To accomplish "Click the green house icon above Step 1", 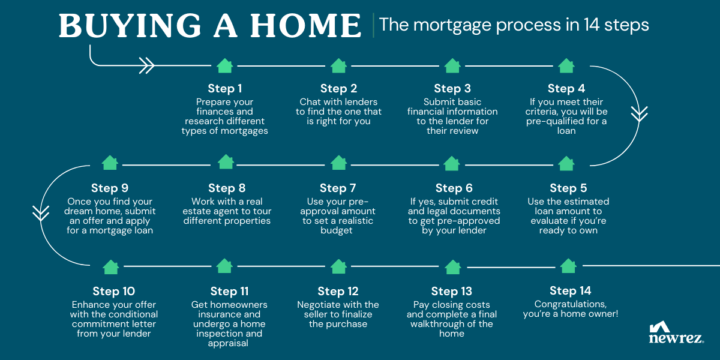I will click(x=224, y=65).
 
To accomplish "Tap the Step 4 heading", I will click(x=566, y=89).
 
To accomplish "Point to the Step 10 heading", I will click(x=113, y=292).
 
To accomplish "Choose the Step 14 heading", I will click(x=569, y=290).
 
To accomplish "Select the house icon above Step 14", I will click(x=568, y=266).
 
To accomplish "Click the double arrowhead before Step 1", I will click(x=146, y=64).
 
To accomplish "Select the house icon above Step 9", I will click(x=110, y=163).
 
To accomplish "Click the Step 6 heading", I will click(x=454, y=188).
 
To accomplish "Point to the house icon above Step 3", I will click(x=452, y=65).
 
